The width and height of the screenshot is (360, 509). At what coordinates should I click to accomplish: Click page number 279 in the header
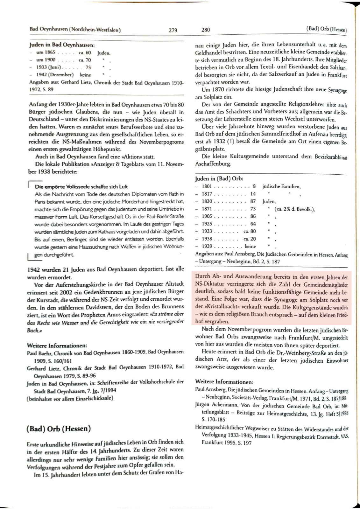173,30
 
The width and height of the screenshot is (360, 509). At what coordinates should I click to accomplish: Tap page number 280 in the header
206,30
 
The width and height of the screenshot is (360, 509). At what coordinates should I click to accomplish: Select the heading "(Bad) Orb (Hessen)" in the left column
59,429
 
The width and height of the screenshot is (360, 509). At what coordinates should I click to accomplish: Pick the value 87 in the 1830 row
253,201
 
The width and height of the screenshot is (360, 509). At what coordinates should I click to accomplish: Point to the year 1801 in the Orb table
206,186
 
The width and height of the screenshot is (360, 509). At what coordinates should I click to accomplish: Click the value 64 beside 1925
253,224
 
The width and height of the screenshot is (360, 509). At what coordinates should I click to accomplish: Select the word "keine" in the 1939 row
251,246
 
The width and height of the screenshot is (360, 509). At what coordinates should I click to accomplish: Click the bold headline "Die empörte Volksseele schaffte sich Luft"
81,187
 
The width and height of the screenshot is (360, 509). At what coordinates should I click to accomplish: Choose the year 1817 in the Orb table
206,194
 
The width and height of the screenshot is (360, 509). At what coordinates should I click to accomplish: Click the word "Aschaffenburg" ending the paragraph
213,164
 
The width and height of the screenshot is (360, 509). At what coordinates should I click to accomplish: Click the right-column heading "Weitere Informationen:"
224,381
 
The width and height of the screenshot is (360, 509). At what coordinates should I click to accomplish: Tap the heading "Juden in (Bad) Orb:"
219,178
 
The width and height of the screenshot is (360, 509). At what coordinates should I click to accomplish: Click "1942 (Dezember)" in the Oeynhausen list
54,75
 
